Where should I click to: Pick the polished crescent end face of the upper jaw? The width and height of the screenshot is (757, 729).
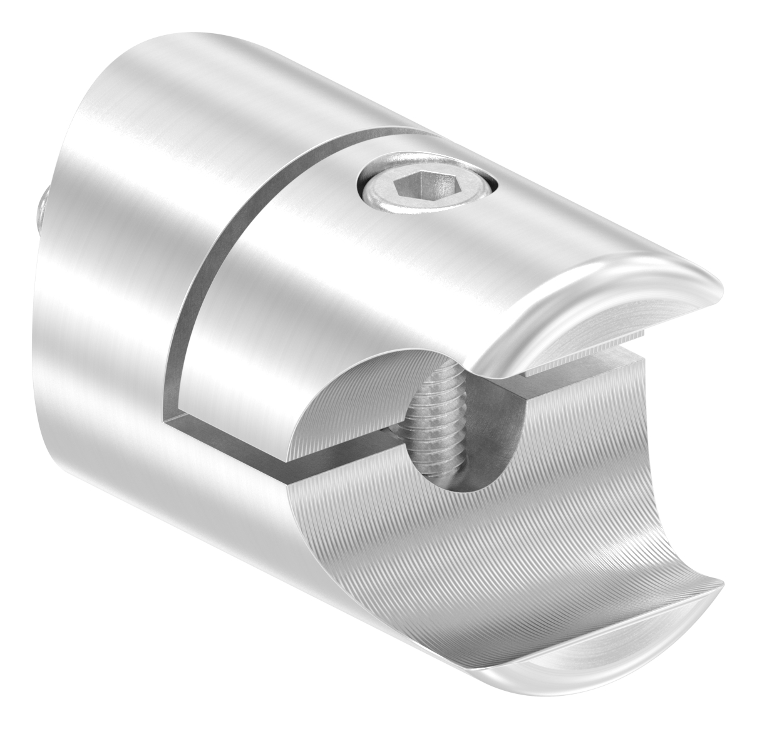click(626, 307)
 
